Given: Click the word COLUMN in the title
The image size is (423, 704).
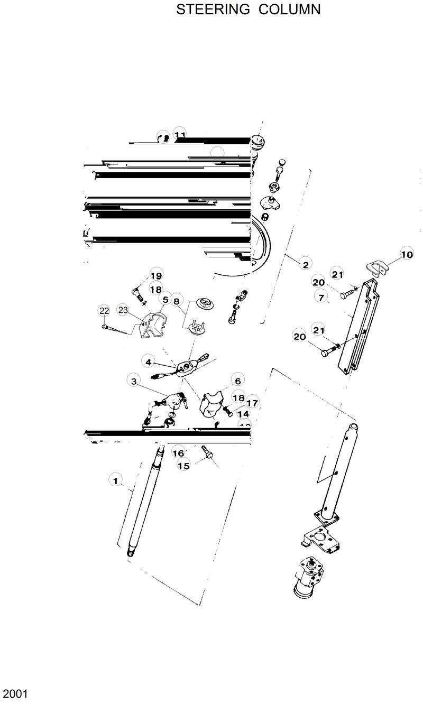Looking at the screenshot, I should [289, 10].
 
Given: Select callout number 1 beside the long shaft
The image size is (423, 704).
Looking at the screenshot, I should [114, 480].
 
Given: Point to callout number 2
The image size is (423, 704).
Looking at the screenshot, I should [305, 263].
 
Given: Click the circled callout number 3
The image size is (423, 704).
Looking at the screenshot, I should [134, 381].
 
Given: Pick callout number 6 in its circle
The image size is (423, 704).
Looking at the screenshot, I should [237, 381].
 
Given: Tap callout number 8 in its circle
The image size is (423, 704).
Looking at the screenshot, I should [177, 300].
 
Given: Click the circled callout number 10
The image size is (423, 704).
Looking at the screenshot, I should [406, 254].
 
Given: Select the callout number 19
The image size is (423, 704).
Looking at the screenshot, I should [155, 275].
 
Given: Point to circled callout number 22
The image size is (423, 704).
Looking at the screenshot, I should [104, 310].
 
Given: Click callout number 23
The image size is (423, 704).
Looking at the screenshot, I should [123, 310].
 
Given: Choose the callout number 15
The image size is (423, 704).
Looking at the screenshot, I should [183, 466].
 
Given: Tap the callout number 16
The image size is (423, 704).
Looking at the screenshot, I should [178, 453].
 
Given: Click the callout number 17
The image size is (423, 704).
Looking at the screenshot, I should [252, 403].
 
